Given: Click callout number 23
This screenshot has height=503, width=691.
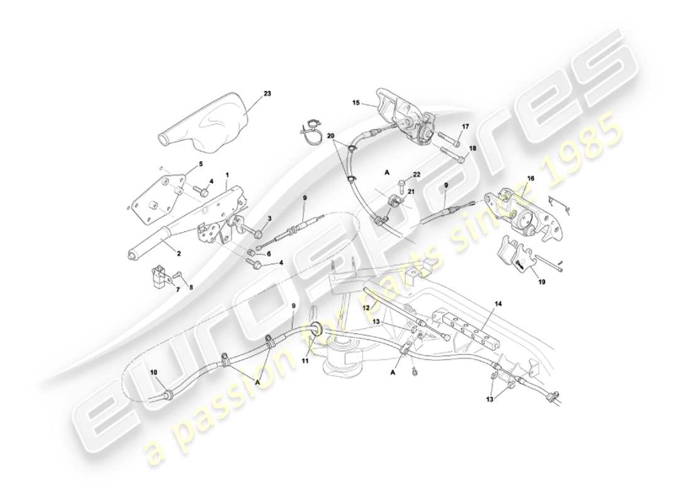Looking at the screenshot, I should [x=267, y=94].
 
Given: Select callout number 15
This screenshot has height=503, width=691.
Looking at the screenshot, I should [x=355, y=102].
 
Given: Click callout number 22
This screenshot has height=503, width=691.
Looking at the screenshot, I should [x=416, y=174].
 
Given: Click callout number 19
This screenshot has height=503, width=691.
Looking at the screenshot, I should [x=541, y=282].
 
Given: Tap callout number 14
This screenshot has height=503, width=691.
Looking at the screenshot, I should [x=498, y=303].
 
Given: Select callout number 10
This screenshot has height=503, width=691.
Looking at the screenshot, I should [x=153, y=372].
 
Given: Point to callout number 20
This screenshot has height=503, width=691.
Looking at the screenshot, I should [x=331, y=136].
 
